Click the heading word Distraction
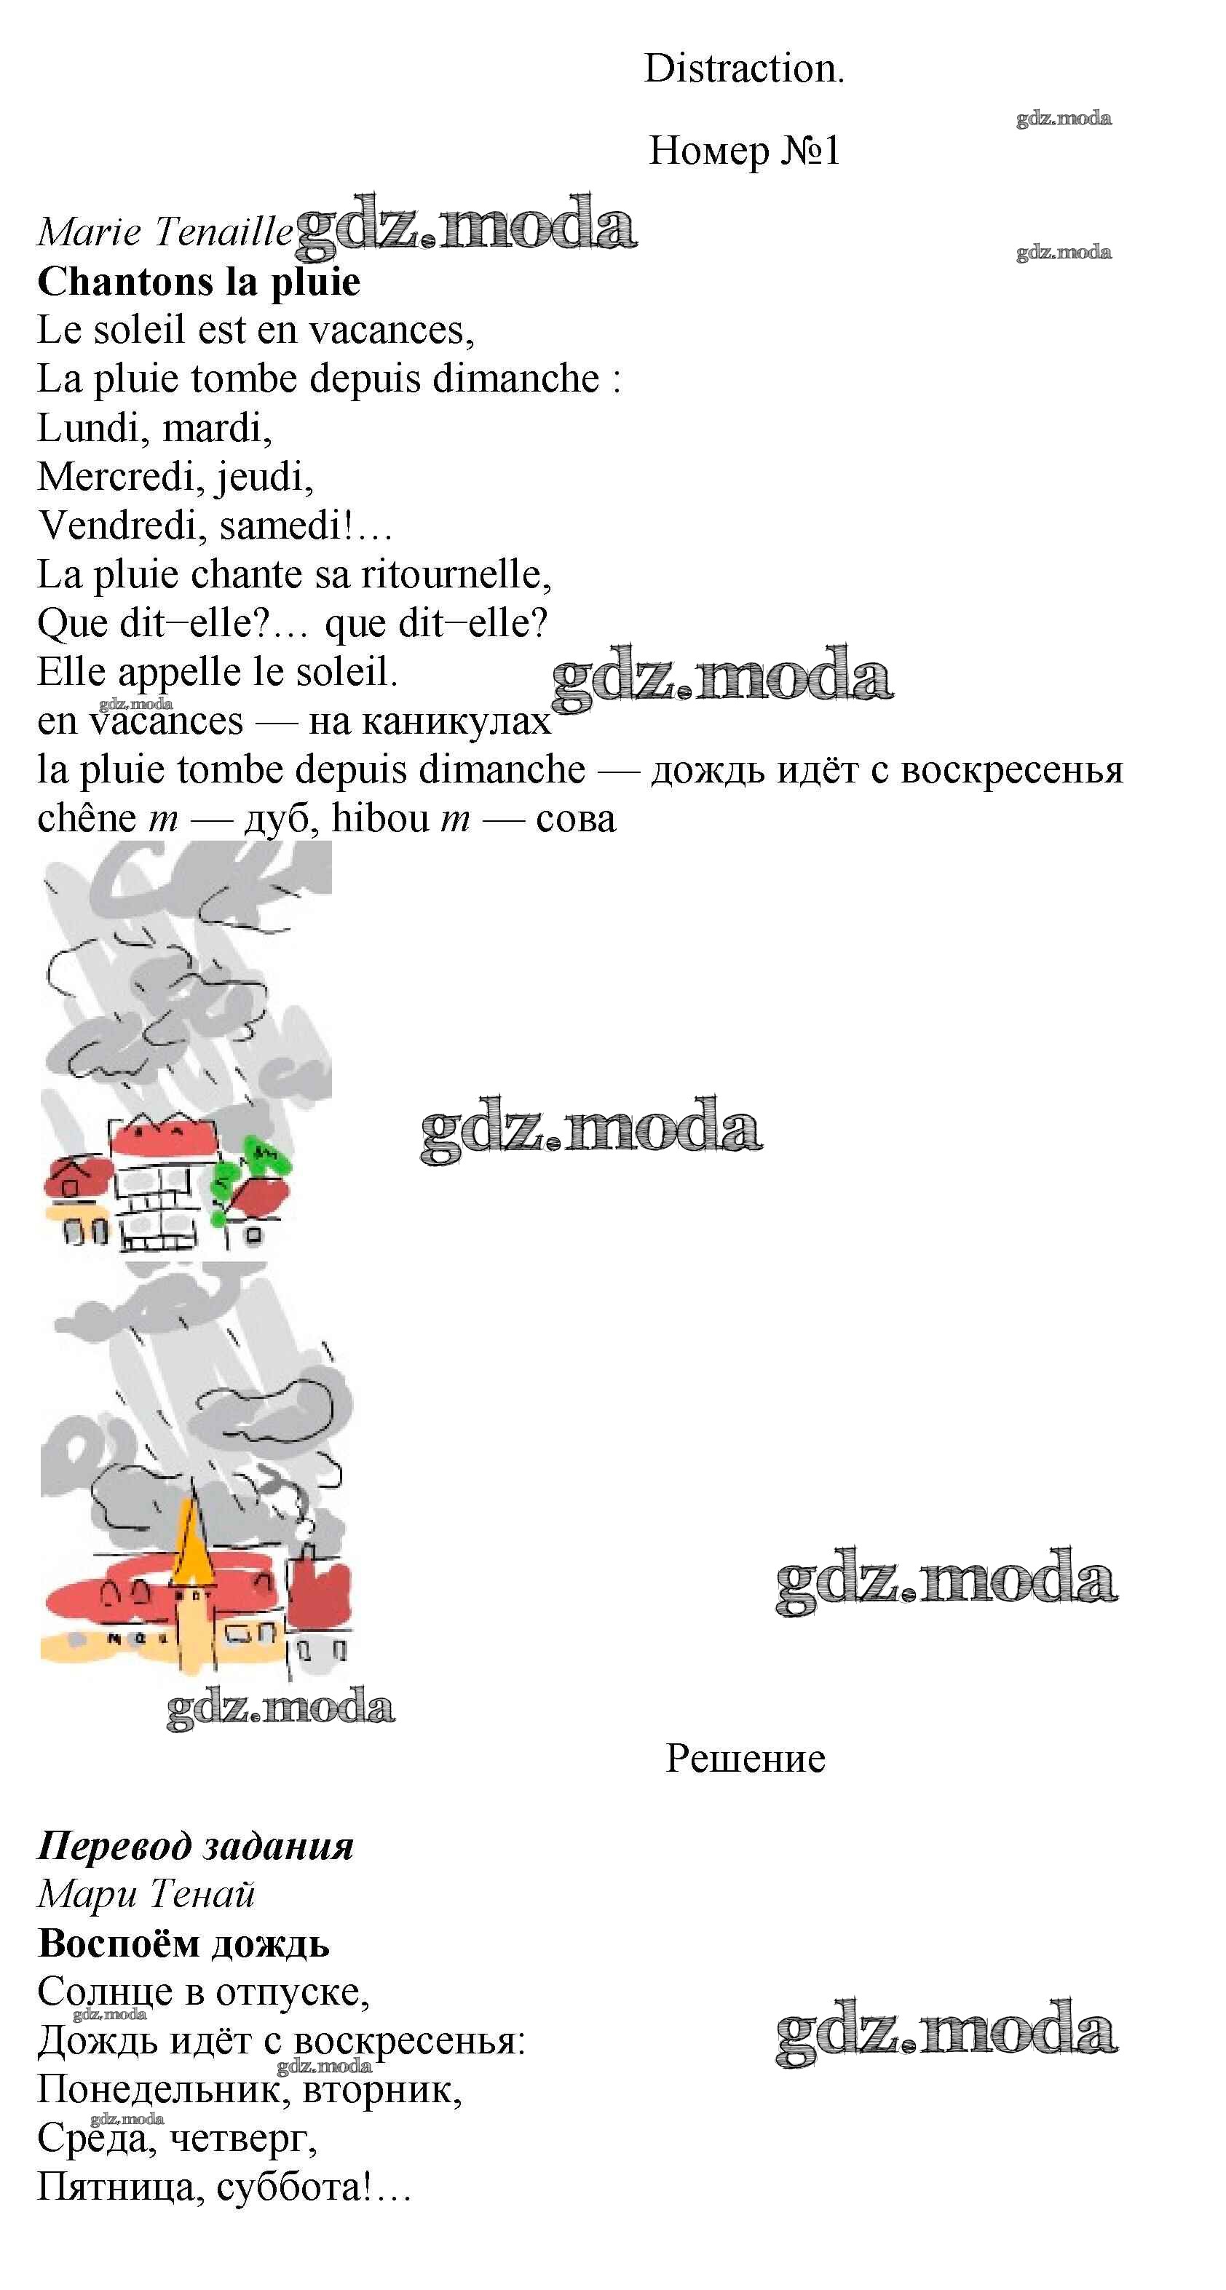(744, 68)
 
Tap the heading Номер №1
(744, 150)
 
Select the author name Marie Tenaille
(165, 232)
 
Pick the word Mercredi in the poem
(116, 478)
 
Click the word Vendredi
(121, 526)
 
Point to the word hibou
(381, 818)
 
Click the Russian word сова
(575, 820)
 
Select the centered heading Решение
(745, 1759)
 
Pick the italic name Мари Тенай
(146, 1893)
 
